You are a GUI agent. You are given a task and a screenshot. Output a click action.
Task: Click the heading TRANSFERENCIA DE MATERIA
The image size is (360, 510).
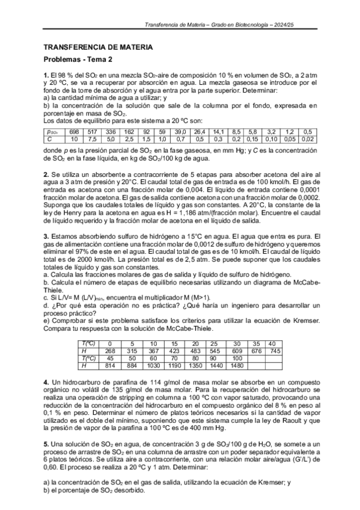point(98,47)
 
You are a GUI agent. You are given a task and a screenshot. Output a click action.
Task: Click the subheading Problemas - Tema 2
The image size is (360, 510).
point(78,60)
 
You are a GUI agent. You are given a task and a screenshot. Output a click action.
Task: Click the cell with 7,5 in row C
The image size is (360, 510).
point(92,139)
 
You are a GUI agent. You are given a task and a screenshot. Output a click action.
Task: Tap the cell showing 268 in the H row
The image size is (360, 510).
point(110,351)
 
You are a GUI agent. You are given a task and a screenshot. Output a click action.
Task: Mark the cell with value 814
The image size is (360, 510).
point(110,365)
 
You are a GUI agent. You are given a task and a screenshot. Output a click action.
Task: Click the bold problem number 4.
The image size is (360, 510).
point(46,383)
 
